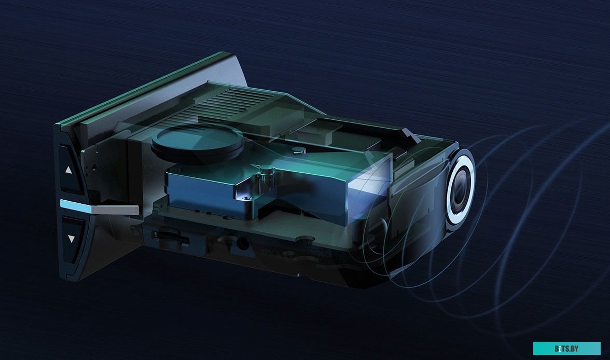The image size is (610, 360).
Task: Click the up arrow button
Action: click(x=69, y=169)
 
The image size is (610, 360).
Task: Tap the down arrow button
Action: click(x=71, y=239)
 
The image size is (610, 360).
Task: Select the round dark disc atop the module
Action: click(x=197, y=142)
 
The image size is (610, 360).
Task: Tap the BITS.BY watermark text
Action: click(x=566, y=348)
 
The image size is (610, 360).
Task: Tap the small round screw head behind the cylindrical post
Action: click(x=296, y=150)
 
